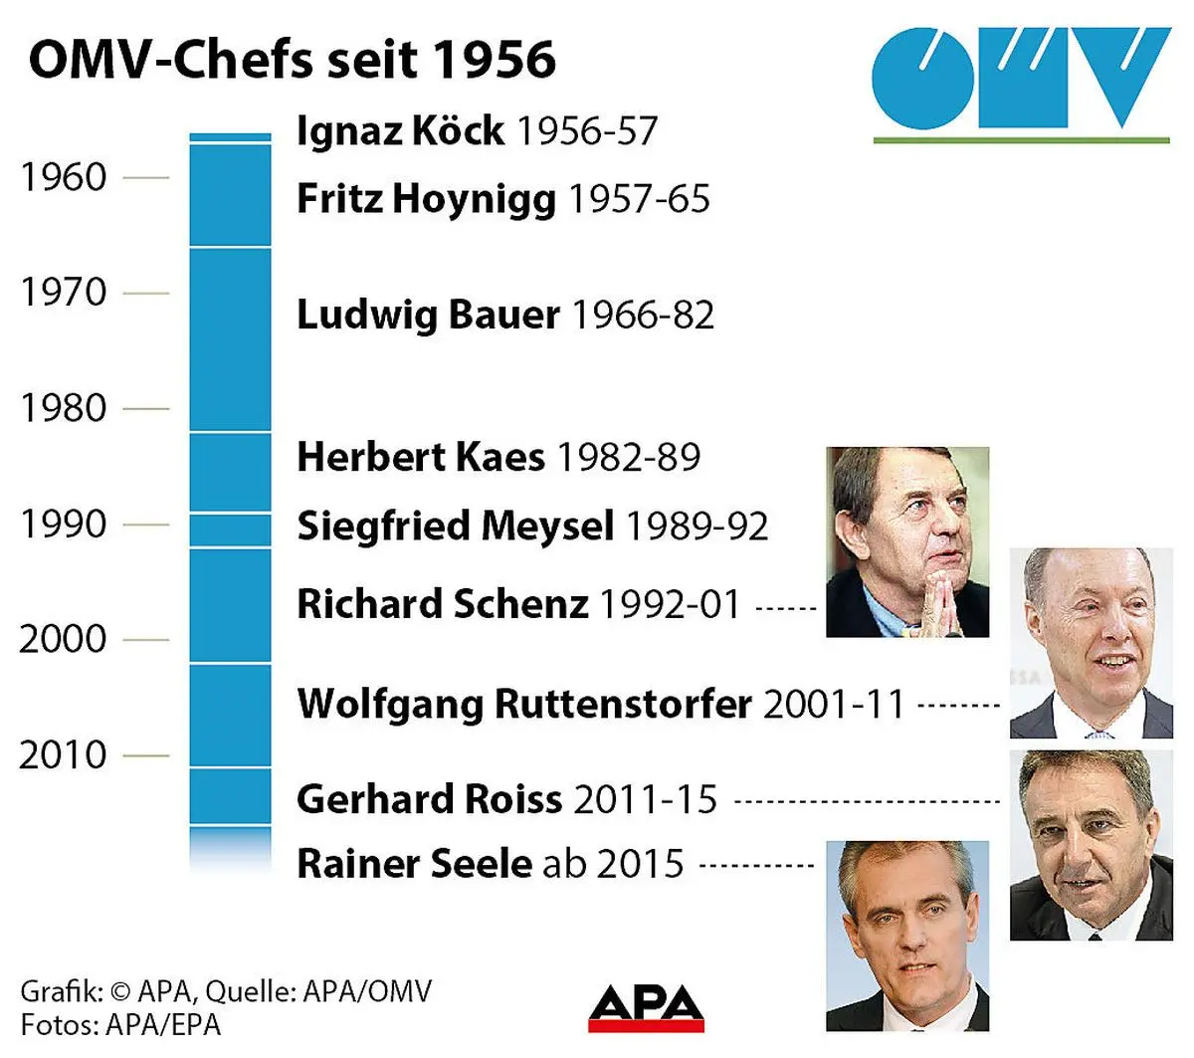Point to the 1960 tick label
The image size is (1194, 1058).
pos(64,177)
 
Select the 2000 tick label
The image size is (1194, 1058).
pos(63,639)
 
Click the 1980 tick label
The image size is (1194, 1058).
pos(64,408)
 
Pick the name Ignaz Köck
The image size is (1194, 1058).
pos(400,130)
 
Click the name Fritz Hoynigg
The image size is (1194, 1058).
pos(426,198)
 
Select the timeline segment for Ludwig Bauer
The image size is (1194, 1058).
pos(230,338)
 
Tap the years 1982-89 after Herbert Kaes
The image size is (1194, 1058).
pos(628,457)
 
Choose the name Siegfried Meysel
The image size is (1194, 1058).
pos(455,526)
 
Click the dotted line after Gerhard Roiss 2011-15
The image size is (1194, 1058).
pos(866,800)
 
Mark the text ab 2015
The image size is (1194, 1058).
pos(612,863)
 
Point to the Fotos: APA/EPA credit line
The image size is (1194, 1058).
pos(120,1024)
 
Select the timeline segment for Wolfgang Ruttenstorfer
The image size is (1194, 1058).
pos(230,715)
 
